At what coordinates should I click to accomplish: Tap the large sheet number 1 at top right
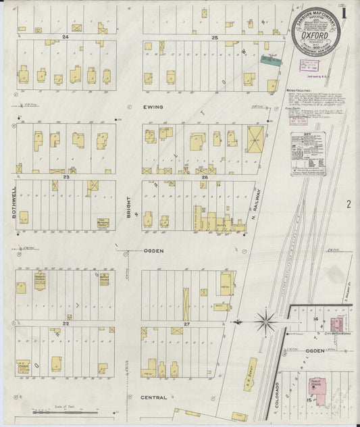344,14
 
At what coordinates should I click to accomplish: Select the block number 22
66,324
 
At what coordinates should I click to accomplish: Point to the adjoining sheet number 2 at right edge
349,203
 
